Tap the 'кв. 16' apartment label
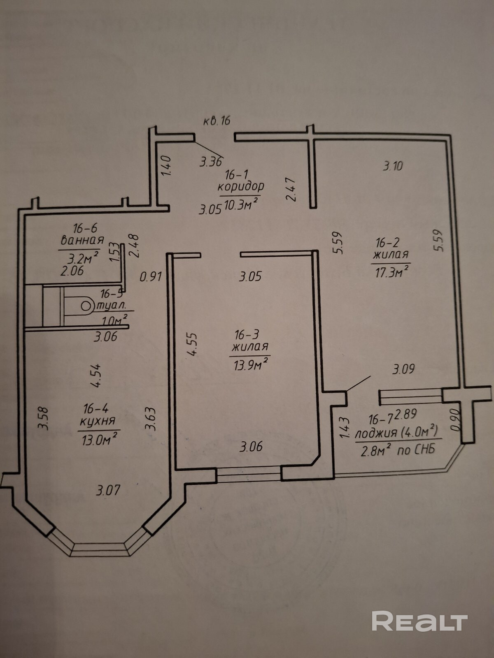217,121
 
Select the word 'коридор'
241,187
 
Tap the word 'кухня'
98,421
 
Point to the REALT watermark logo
419,621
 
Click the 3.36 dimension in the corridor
211,162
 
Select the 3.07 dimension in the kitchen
108,490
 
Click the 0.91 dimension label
150,277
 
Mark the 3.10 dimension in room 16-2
393,166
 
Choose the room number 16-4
96,408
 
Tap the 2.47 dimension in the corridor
291,189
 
